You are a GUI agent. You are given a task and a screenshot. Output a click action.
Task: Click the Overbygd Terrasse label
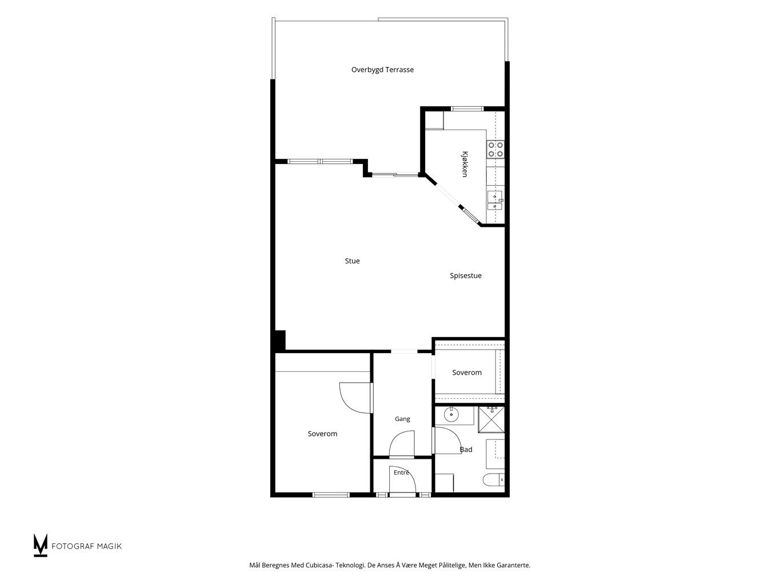click(382, 70)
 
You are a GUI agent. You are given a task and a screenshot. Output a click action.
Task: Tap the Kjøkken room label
click(465, 164)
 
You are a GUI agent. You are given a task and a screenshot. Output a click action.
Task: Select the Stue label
click(352, 261)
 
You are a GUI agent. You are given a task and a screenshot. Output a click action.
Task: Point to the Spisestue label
click(466, 276)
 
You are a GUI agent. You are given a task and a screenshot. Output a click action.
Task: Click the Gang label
click(402, 419)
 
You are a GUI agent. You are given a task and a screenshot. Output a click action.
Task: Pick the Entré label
click(401, 472)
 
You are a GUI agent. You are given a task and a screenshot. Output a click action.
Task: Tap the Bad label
click(466, 450)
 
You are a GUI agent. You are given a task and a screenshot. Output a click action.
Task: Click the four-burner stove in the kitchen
click(495, 149)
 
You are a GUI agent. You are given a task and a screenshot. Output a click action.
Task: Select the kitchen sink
click(495, 201)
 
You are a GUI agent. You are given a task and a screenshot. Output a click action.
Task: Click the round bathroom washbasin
click(451, 414)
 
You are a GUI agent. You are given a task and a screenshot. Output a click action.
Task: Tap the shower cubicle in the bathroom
click(491, 419)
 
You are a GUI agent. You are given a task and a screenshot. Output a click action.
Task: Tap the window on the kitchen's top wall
click(467, 109)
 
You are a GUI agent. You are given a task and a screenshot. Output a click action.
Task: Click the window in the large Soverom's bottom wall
click(331, 494)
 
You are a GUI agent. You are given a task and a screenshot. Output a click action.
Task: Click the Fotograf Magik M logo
click(40, 545)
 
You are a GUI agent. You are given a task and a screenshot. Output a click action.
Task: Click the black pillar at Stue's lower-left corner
click(279, 342)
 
